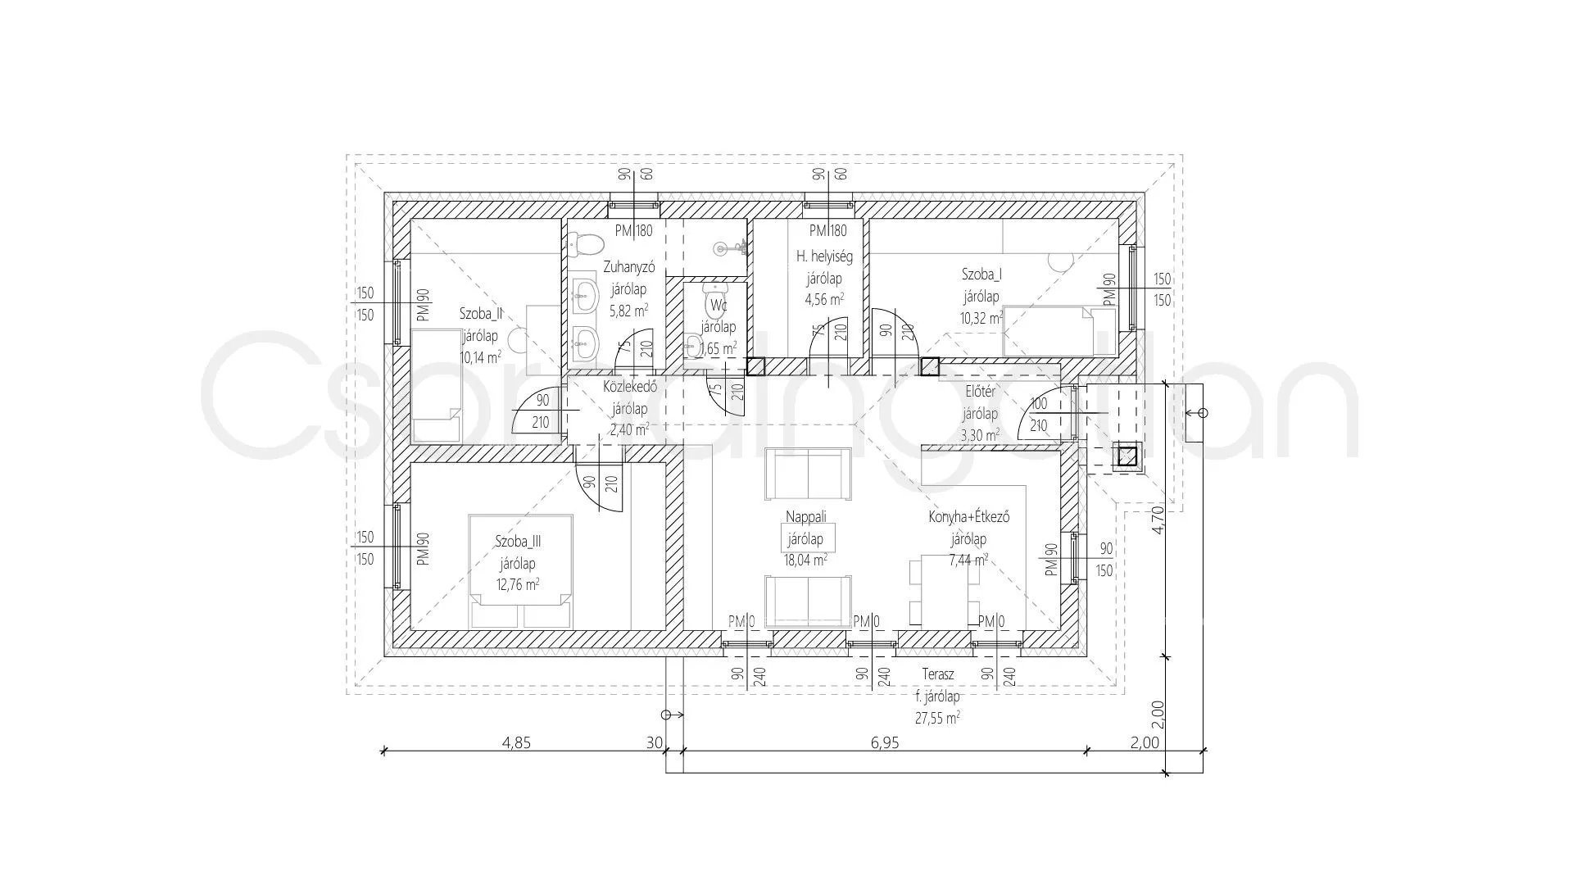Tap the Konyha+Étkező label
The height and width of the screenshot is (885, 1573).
click(x=968, y=517)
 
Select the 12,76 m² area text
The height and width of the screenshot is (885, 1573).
click(x=517, y=585)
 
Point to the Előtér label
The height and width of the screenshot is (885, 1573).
click(x=980, y=392)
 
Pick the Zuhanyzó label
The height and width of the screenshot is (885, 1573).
click(x=629, y=266)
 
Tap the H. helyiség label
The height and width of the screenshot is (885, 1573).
click(x=824, y=256)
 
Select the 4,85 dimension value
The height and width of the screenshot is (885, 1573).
click(x=517, y=743)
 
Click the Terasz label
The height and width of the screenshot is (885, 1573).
click(x=937, y=674)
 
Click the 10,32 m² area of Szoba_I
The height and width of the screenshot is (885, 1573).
click(x=981, y=318)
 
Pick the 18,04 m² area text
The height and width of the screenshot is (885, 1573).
click(x=805, y=560)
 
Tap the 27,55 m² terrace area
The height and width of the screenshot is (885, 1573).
click(x=937, y=718)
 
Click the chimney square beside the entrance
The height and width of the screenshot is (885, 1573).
click(x=1127, y=456)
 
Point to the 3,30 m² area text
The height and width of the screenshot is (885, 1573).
click(x=980, y=435)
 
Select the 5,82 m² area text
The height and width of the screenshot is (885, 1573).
click(x=629, y=310)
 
